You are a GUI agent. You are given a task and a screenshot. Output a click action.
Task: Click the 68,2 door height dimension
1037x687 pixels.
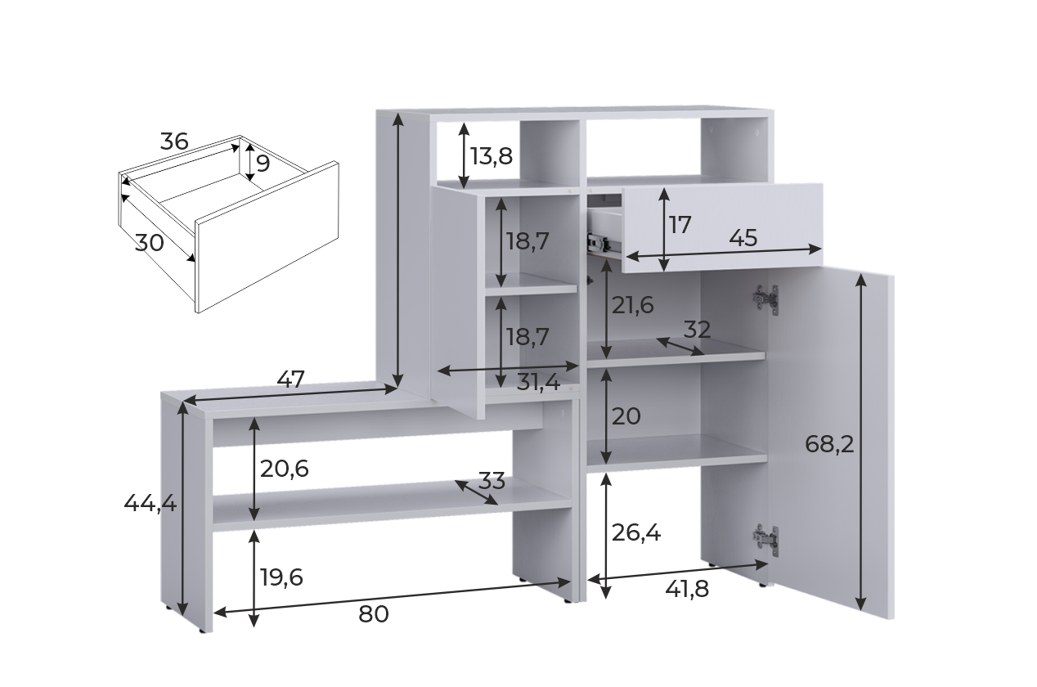(829, 444)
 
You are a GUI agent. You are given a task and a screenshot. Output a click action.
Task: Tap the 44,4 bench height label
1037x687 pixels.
(150, 503)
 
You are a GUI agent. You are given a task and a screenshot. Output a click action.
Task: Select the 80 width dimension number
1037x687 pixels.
(373, 614)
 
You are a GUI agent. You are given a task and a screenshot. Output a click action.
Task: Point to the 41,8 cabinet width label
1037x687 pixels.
(687, 590)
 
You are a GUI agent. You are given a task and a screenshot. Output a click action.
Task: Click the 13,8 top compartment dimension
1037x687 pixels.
(492, 156)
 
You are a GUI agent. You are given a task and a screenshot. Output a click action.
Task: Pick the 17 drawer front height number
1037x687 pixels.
(680, 225)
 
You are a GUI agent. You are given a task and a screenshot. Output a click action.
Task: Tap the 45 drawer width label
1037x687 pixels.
(743, 239)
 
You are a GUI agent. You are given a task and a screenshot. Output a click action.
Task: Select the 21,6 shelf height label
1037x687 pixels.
(632, 306)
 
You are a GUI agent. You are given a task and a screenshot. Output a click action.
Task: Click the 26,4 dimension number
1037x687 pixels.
(636, 533)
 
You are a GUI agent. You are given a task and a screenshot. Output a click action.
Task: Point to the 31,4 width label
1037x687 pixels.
(538, 383)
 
